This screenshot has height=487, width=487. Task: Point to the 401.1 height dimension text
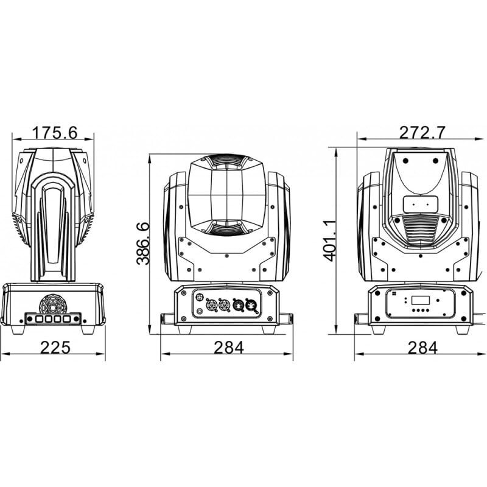(x=329, y=240)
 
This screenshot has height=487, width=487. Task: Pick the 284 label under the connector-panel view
(x=228, y=348)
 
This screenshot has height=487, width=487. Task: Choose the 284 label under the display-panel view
(x=422, y=348)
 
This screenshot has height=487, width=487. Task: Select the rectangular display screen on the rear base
(x=421, y=300)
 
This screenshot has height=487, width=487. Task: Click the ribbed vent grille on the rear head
(x=421, y=230)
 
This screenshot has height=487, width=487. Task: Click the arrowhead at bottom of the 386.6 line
(x=150, y=332)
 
